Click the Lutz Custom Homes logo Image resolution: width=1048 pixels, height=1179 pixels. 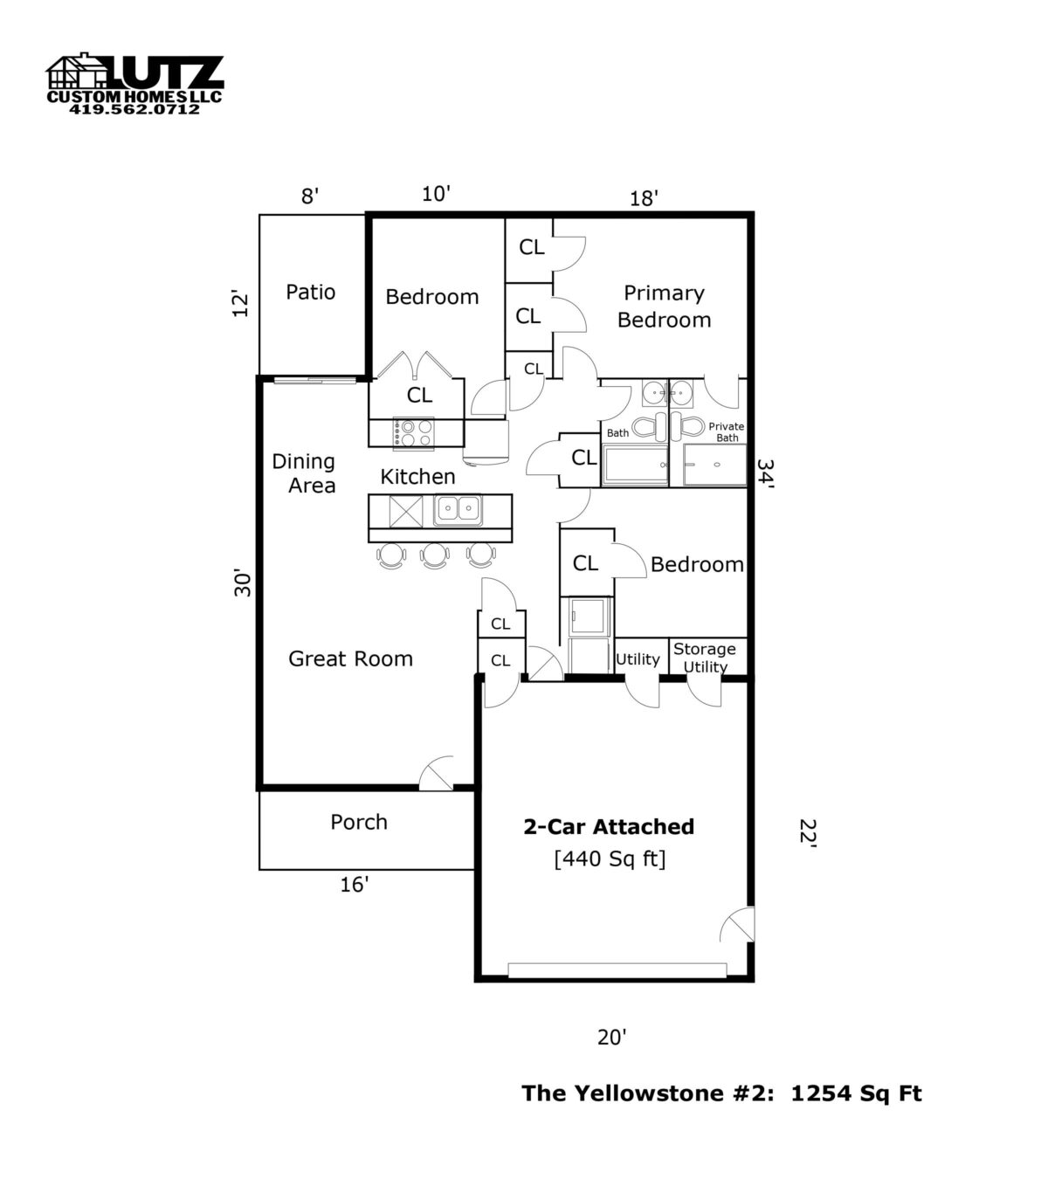[134, 83]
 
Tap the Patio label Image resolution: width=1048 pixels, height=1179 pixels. [310, 292]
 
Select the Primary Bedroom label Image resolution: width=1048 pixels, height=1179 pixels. [664, 307]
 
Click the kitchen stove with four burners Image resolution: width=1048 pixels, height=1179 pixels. [413, 432]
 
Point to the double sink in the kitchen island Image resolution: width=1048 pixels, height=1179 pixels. [458, 510]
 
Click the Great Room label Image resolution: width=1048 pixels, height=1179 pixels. [350, 658]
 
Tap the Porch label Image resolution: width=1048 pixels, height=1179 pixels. [358, 822]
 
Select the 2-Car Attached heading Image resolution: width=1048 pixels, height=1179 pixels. [609, 827]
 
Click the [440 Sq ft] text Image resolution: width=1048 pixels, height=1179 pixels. [610, 859]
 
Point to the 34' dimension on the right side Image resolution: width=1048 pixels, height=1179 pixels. [765, 476]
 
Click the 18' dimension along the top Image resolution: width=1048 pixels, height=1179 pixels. [644, 198]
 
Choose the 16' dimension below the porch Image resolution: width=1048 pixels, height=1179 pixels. [354, 886]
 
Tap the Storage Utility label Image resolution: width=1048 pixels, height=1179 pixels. [705, 658]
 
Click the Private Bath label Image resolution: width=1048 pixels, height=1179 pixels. [727, 432]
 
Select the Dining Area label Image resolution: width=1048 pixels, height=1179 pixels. [304, 472]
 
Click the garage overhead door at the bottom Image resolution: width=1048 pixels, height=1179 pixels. [617, 970]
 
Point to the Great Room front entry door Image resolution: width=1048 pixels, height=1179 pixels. [437, 774]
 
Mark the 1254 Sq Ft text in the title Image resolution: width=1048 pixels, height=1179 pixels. [856, 1093]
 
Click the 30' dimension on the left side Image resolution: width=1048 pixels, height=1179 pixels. [243, 583]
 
